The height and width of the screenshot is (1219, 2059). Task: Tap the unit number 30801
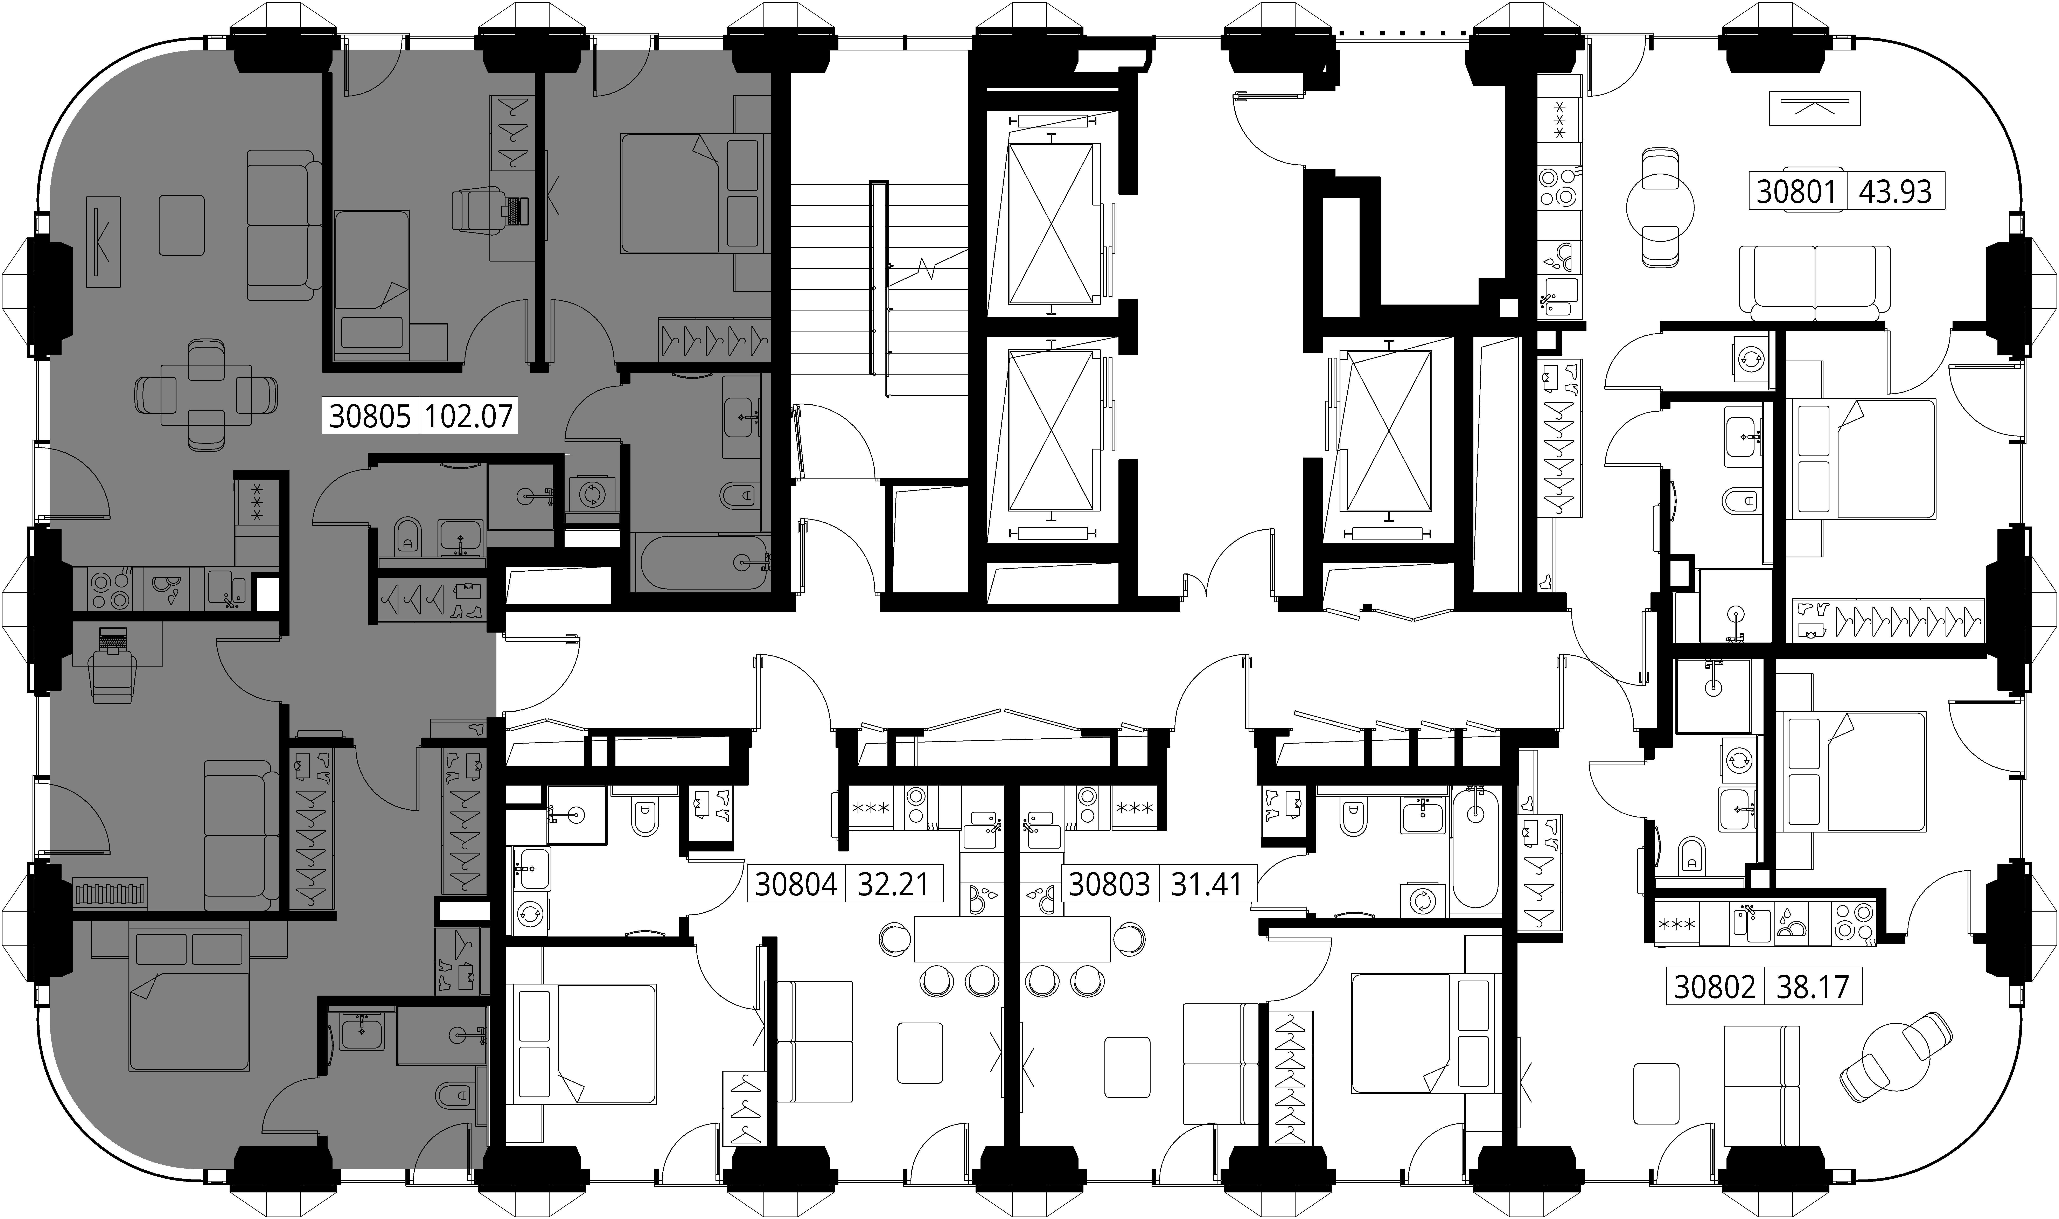click(x=1795, y=191)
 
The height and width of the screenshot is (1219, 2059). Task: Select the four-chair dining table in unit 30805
click(x=206, y=395)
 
